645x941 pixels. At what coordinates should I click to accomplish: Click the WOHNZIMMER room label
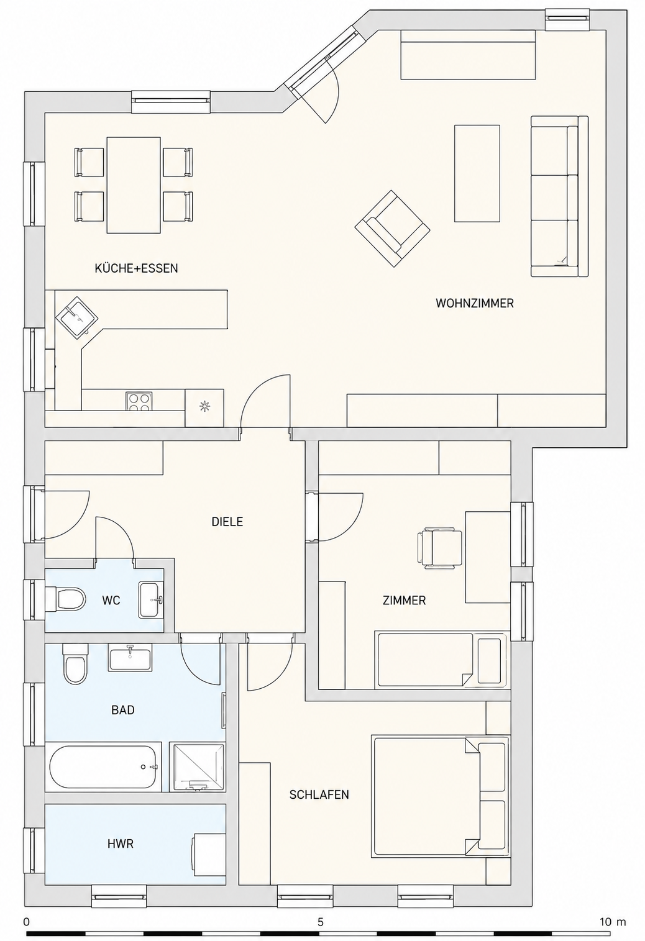[474, 303]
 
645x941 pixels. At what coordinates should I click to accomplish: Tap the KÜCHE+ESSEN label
[136, 268]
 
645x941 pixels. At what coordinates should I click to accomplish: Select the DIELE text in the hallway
[227, 522]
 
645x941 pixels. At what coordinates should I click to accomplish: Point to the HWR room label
[121, 843]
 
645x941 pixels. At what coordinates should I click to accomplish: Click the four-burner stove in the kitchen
[139, 401]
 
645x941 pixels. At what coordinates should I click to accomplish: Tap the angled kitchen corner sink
[77, 317]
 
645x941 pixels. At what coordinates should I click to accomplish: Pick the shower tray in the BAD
[196, 767]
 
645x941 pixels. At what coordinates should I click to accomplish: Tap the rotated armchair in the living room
[393, 228]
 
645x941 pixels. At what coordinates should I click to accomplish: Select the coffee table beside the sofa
[477, 173]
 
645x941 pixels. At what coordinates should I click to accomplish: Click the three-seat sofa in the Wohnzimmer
[559, 196]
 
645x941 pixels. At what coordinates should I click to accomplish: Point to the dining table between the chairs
[134, 185]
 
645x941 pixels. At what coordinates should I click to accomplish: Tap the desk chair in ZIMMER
[439, 548]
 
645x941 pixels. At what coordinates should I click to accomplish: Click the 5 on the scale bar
[321, 922]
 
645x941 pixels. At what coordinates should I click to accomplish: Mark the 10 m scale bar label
[613, 922]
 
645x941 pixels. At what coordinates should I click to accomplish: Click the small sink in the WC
[150, 599]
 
